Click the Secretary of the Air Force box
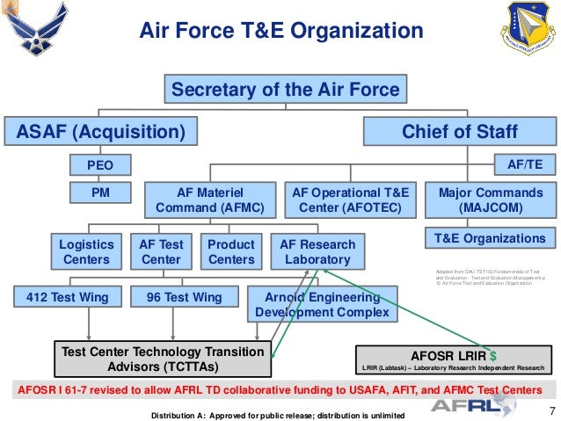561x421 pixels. click(285, 90)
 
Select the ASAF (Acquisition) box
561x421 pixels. click(98, 132)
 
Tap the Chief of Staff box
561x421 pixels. click(460, 132)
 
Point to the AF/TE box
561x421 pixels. click(526, 163)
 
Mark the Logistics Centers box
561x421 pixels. click(86, 251)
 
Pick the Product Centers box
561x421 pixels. click(231, 251)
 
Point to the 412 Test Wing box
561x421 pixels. click(62, 298)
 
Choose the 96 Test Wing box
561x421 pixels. click(184, 298)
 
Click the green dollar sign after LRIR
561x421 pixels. click(492, 353)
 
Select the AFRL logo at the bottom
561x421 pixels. click(475, 406)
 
